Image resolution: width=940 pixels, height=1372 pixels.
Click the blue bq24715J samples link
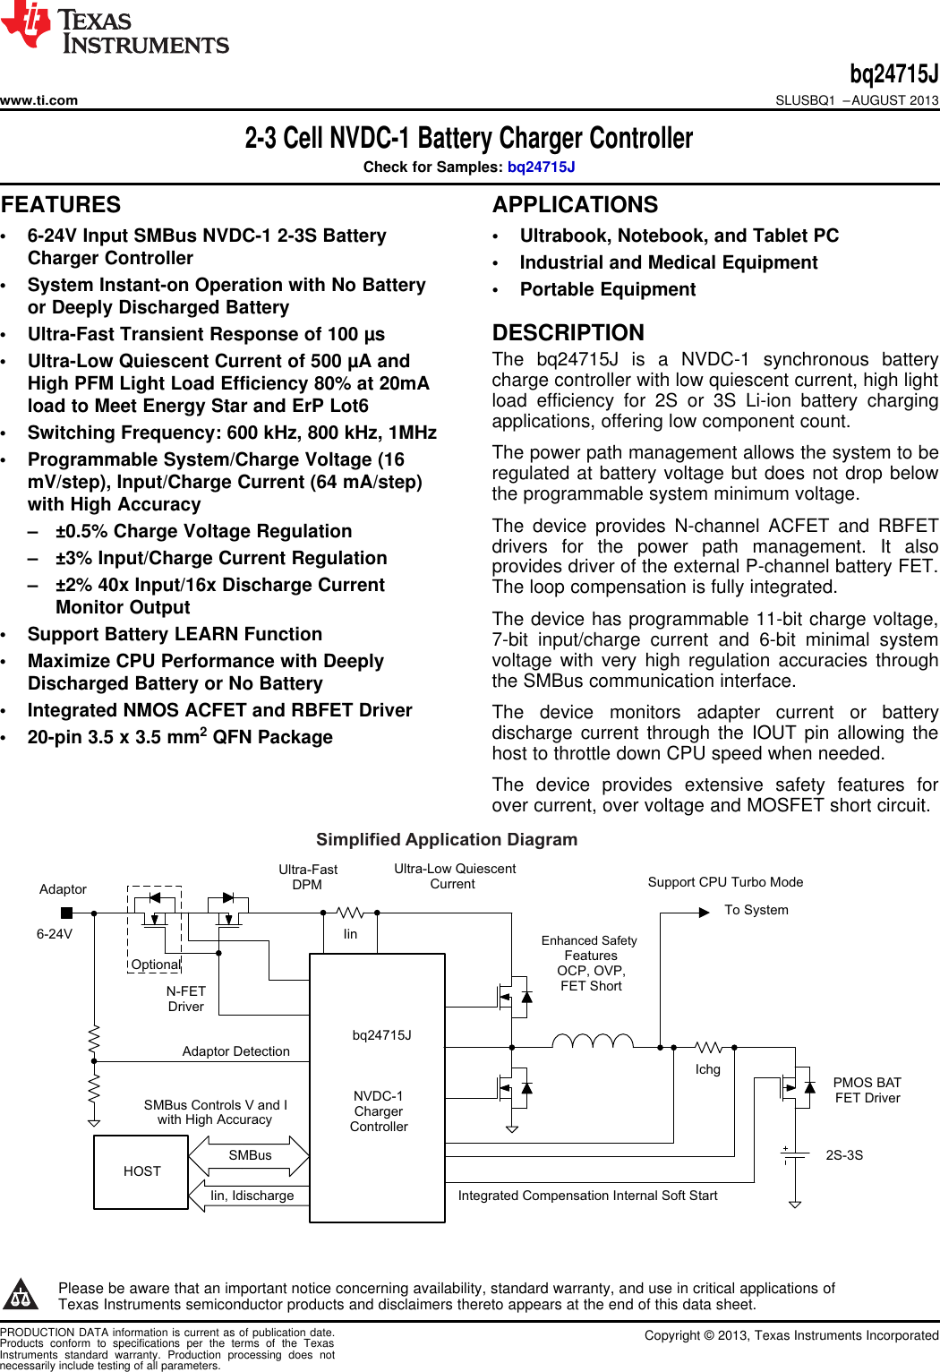[x=541, y=167]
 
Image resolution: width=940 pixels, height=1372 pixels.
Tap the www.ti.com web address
[x=39, y=100]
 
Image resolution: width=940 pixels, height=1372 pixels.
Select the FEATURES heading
[x=61, y=205]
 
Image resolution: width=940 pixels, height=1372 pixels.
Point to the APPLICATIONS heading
[x=575, y=205]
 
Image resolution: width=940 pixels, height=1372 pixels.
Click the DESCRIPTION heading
[x=568, y=333]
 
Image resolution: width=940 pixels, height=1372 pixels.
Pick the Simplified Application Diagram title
[x=447, y=839]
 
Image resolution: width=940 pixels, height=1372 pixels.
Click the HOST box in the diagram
[x=141, y=1171]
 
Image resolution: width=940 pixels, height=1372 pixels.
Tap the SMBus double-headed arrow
[x=250, y=1156]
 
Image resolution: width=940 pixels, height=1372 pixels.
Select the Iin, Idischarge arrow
[x=250, y=1196]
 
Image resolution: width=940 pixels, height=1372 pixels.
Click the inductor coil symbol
[x=593, y=1041]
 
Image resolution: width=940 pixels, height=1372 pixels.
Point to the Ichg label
[x=708, y=1069]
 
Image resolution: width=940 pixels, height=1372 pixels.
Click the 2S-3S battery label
[x=844, y=1155]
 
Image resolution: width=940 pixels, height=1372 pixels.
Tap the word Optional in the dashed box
[x=156, y=965]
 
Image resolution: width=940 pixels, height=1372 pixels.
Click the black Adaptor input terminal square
[x=66, y=913]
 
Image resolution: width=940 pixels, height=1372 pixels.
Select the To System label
[x=756, y=910]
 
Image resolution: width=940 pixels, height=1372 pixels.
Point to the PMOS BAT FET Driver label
[x=867, y=1090]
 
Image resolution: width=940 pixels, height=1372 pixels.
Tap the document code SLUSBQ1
[x=805, y=100]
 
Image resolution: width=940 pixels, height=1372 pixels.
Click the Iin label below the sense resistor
[x=350, y=934]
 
